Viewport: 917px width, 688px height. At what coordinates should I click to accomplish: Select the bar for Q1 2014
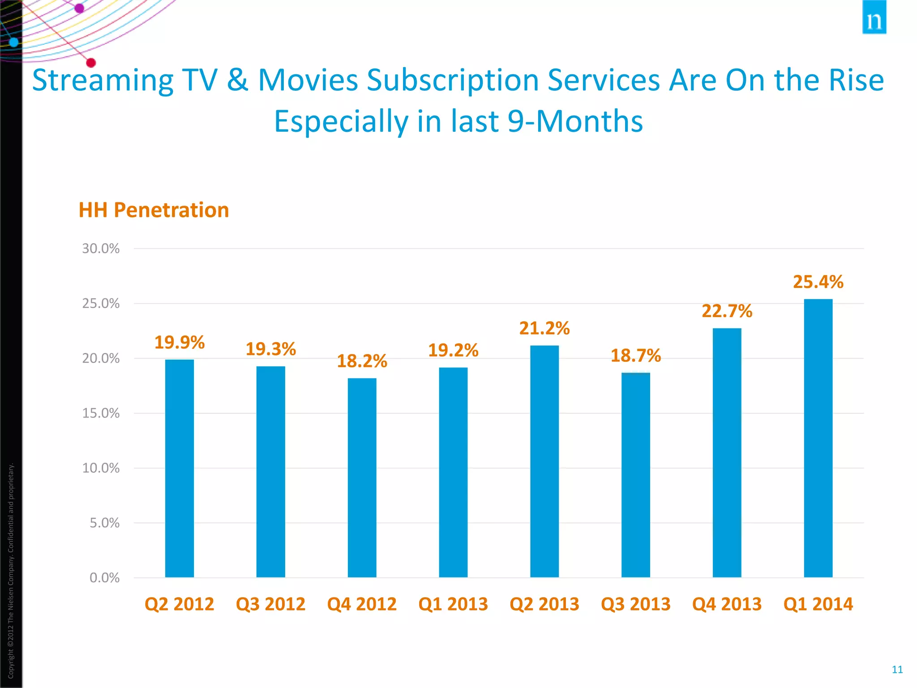pyautogui.click(x=818, y=439)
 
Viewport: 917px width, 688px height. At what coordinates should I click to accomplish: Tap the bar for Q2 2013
pyautogui.click(x=544, y=461)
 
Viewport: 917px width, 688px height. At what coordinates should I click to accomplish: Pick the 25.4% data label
pyautogui.click(x=818, y=282)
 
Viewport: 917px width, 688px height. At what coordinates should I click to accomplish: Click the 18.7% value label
pyautogui.click(x=635, y=356)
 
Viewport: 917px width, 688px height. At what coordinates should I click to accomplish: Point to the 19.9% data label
pyautogui.click(x=179, y=343)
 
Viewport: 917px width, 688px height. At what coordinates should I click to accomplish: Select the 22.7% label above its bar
pyautogui.click(x=727, y=311)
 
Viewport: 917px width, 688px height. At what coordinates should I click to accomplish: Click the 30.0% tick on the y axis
pyautogui.click(x=101, y=249)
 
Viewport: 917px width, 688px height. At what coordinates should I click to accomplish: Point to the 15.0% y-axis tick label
pyautogui.click(x=101, y=413)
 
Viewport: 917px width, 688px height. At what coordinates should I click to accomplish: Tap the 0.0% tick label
pyautogui.click(x=104, y=578)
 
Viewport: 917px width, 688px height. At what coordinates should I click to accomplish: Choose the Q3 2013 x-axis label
pyautogui.click(x=635, y=604)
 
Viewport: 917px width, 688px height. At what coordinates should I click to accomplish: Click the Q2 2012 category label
pyautogui.click(x=179, y=604)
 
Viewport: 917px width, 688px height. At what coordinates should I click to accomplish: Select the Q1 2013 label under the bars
pyautogui.click(x=453, y=604)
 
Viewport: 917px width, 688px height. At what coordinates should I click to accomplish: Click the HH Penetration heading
pyautogui.click(x=154, y=210)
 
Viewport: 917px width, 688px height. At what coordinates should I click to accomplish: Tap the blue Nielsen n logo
pyautogui.click(x=874, y=18)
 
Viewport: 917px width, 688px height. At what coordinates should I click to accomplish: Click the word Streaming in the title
pyautogui.click(x=103, y=81)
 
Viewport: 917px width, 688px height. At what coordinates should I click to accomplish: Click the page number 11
pyautogui.click(x=897, y=669)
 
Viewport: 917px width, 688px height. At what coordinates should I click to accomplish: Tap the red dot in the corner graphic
pyautogui.click(x=91, y=63)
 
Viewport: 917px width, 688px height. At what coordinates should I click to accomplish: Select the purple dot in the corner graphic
pyautogui.click(x=79, y=8)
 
